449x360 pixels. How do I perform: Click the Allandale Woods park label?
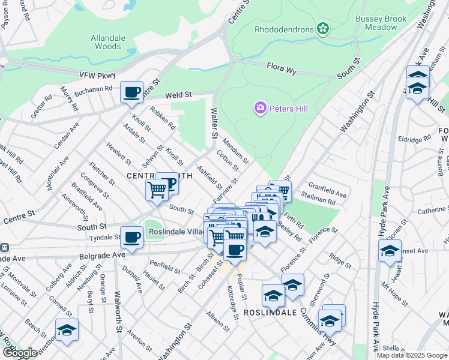tap(108, 41)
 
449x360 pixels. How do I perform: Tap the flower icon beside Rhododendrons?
tap(322, 28)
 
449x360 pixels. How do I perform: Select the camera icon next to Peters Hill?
tap(261, 108)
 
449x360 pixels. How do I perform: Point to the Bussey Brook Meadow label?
tap(381, 23)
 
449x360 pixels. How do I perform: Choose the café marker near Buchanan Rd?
tap(131, 92)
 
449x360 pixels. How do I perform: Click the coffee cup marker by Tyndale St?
tap(131, 237)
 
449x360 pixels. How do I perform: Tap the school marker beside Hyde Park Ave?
tap(390, 251)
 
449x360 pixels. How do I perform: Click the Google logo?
tap(20, 353)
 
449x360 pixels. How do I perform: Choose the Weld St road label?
tap(178, 95)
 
